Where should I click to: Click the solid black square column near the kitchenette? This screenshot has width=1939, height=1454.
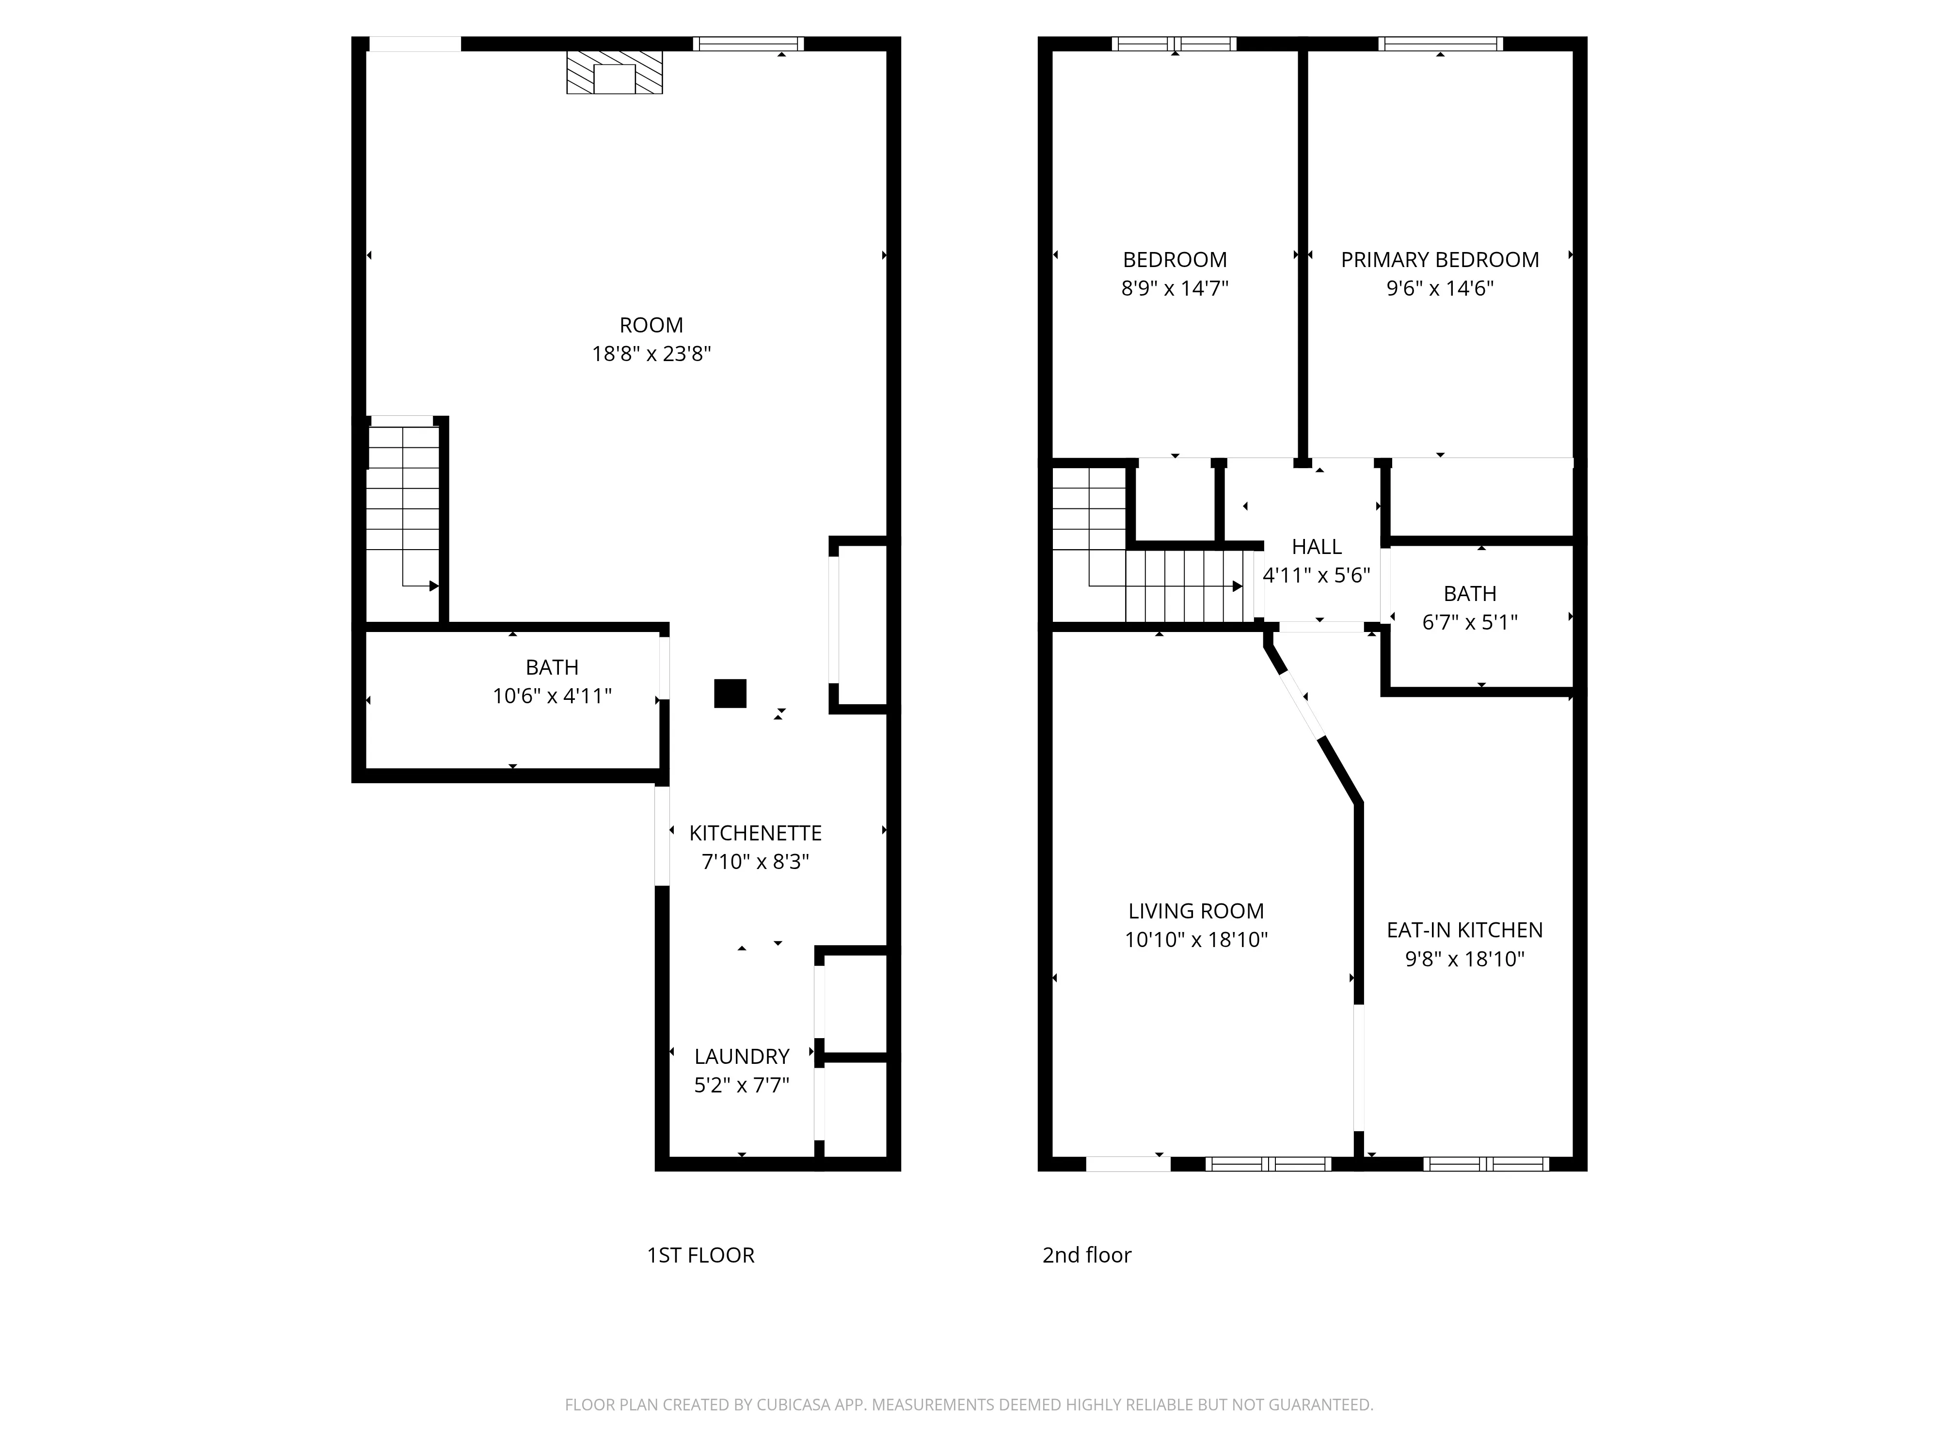730,693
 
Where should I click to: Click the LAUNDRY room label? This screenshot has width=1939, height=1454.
742,1056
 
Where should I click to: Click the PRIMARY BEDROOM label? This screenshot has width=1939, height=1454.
1439,259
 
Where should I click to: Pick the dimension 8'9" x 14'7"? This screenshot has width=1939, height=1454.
1175,288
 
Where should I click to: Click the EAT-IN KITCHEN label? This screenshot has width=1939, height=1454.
1464,930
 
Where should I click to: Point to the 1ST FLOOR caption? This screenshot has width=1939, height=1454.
700,1255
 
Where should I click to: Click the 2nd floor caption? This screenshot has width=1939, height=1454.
1086,1255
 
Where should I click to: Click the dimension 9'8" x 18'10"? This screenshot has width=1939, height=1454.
1464,959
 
